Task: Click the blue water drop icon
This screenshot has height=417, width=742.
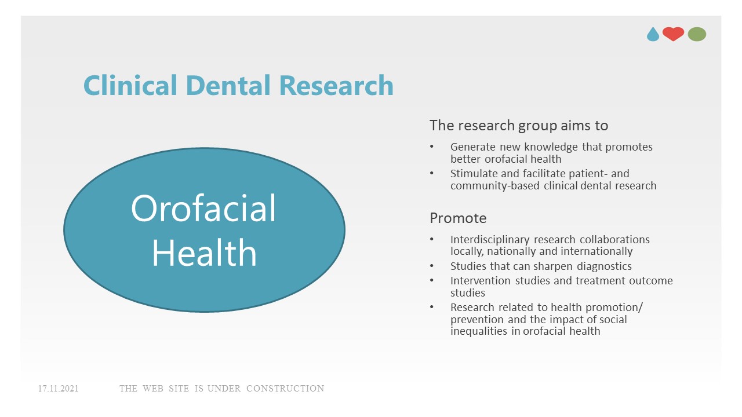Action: coord(653,35)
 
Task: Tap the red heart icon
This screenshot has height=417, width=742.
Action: coord(673,34)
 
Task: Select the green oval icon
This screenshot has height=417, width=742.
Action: coord(697,35)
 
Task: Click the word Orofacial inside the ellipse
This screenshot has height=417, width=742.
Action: coord(203,209)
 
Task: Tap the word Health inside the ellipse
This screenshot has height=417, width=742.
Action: coord(204,253)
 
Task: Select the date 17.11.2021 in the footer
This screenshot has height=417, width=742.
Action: coord(58,389)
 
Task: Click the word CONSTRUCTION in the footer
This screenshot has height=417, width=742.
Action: coord(285,389)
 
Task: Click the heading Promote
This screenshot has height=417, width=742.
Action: coord(458,218)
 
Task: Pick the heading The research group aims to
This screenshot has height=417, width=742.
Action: coord(519,125)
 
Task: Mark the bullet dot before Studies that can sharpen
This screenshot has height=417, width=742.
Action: coord(432,266)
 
